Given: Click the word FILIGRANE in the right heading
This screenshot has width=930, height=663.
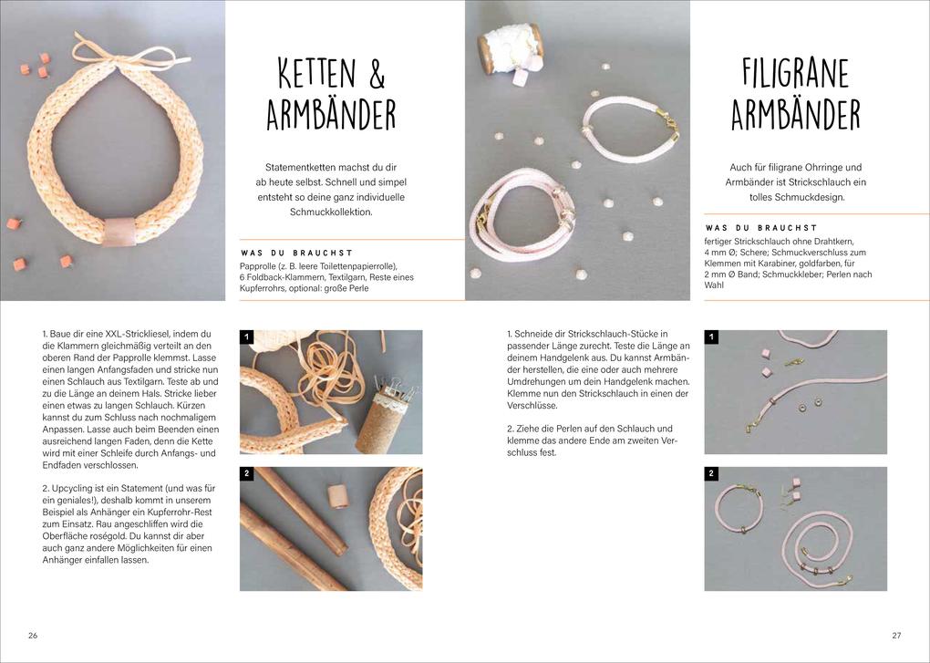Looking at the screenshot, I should coord(795,74).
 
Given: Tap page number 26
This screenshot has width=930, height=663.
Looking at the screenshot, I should coord(33,636).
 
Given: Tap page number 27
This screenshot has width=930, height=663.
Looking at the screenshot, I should coord(896,636).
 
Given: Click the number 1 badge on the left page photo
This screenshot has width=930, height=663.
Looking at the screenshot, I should coord(246,337).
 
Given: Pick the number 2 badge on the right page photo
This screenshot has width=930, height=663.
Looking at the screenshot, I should coord(711,474).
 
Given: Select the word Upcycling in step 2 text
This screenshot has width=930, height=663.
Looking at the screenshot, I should coord(76,489).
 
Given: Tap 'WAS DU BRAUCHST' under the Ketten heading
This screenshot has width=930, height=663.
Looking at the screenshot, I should coord(296,253).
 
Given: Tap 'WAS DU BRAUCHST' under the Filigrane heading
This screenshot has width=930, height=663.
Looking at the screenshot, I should coord(760,228).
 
